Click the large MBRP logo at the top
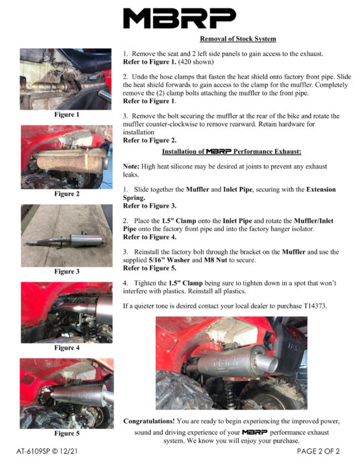(x=180, y=18)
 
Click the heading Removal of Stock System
(x=238, y=39)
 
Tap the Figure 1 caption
(x=67, y=114)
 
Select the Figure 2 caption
(x=67, y=194)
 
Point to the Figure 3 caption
(x=67, y=271)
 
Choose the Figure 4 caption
(x=67, y=348)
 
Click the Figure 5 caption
(x=67, y=434)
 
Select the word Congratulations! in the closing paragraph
(x=149, y=421)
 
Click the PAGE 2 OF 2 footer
(x=318, y=451)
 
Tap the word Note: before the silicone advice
(x=131, y=166)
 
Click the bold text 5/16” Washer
(x=169, y=260)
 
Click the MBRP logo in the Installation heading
(x=219, y=152)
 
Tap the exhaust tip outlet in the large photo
(x=267, y=363)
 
